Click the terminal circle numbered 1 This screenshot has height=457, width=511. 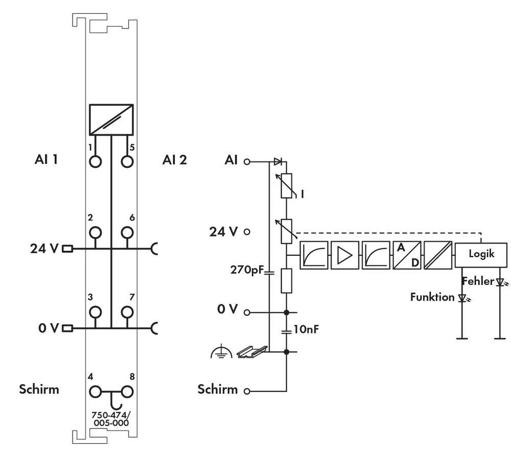(95, 161)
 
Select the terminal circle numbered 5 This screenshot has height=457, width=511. (127, 161)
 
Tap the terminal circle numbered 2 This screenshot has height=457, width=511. (95, 233)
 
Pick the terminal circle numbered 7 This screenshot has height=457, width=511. (127, 311)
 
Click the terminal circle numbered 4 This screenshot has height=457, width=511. (95, 392)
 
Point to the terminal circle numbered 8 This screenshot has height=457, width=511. (127, 392)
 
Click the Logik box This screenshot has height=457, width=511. (481, 254)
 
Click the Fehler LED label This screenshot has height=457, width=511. (478, 281)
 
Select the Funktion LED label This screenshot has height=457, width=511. (432, 297)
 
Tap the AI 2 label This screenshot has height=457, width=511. (175, 160)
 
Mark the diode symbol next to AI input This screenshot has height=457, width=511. (277, 162)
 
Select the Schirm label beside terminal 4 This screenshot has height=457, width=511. (39, 389)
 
